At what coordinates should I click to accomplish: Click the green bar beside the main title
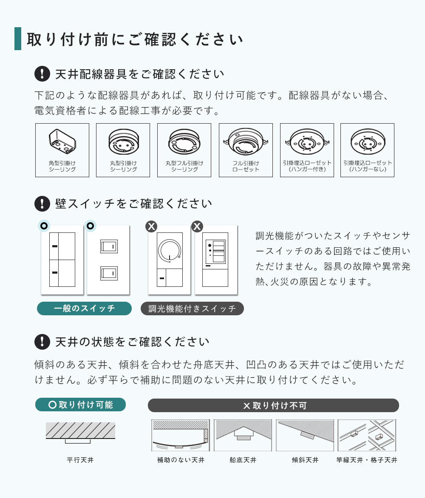(x=18, y=38)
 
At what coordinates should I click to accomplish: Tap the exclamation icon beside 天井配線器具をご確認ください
(x=42, y=74)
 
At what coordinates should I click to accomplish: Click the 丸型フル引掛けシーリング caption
(x=184, y=166)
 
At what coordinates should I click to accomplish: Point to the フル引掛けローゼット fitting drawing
(x=246, y=141)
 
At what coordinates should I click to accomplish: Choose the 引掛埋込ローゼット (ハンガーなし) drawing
(x=368, y=141)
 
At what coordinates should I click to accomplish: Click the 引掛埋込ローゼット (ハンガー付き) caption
(x=307, y=166)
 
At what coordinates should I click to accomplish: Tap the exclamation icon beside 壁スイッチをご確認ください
(x=42, y=204)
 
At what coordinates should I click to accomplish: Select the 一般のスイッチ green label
(x=84, y=308)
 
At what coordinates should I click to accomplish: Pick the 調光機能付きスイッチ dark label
(x=192, y=308)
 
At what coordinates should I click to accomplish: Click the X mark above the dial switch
(x=151, y=226)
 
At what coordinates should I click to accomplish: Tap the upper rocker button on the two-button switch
(x=109, y=246)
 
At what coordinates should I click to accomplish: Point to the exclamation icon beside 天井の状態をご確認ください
(x=42, y=342)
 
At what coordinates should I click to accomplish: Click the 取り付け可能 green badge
(x=80, y=405)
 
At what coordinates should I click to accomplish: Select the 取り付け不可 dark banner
(x=273, y=405)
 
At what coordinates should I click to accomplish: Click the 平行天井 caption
(x=80, y=460)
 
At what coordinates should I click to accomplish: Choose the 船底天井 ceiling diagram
(x=243, y=435)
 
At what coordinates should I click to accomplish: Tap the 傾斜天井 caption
(x=305, y=460)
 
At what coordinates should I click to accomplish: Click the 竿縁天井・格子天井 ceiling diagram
(x=367, y=435)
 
